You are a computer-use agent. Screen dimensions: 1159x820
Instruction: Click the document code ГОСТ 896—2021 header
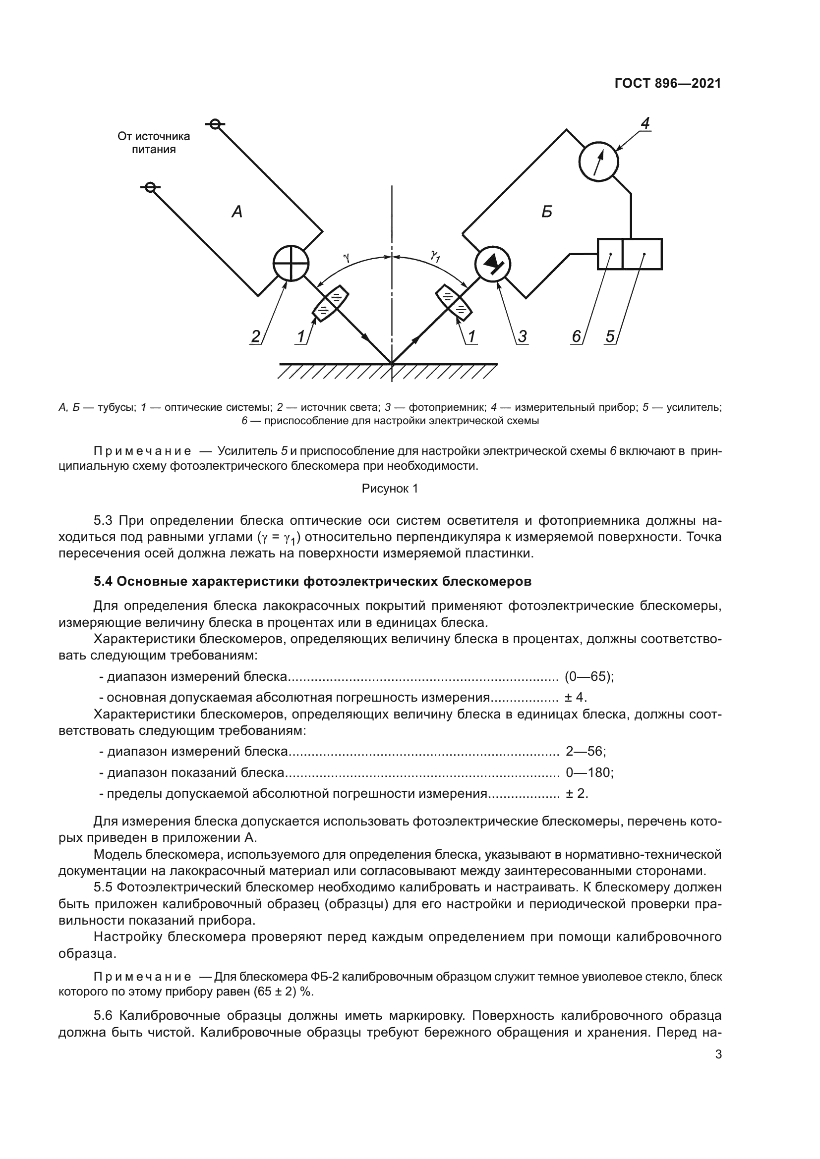(x=667, y=83)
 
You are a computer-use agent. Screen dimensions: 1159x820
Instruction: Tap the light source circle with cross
(x=291, y=263)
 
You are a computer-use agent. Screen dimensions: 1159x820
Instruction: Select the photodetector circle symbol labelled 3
(x=492, y=264)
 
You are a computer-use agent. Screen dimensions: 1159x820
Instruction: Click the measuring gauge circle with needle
(x=598, y=161)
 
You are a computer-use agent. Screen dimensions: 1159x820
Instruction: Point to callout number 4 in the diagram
(x=645, y=123)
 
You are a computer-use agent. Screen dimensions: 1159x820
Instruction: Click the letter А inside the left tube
(x=237, y=212)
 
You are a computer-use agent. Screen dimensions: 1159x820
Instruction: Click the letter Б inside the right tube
(x=547, y=212)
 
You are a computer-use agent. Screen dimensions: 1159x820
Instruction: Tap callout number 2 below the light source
(x=256, y=336)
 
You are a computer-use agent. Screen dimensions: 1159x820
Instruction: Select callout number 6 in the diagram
(x=576, y=336)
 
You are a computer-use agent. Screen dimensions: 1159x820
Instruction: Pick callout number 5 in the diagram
(x=610, y=336)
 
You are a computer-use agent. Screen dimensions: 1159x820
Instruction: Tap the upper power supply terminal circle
(x=215, y=124)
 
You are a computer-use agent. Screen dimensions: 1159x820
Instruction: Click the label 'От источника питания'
(x=154, y=143)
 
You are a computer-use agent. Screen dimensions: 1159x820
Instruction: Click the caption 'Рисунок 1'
(x=390, y=489)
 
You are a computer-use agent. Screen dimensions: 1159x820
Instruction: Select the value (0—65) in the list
(x=589, y=676)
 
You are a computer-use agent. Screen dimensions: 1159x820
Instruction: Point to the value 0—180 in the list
(x=589, y=773)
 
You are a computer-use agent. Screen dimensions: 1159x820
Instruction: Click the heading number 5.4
(x=103, y=582)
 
